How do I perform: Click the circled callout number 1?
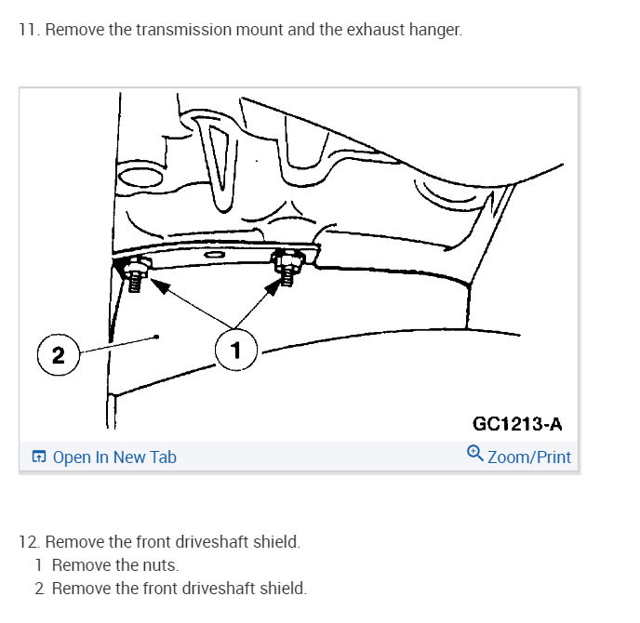click(x=235, y=351)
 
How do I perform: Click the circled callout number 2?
click(x=58, y=355)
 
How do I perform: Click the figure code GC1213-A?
click(x=517, y=424)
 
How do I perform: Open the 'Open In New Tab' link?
click(x=114, y=457)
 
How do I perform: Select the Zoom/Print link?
click(x=529, y=457)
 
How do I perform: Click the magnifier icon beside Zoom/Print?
click(x=474, y=455)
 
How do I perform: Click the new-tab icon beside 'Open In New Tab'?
click(x=38, y=457)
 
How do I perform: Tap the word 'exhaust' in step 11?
click(x=377, y=30)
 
